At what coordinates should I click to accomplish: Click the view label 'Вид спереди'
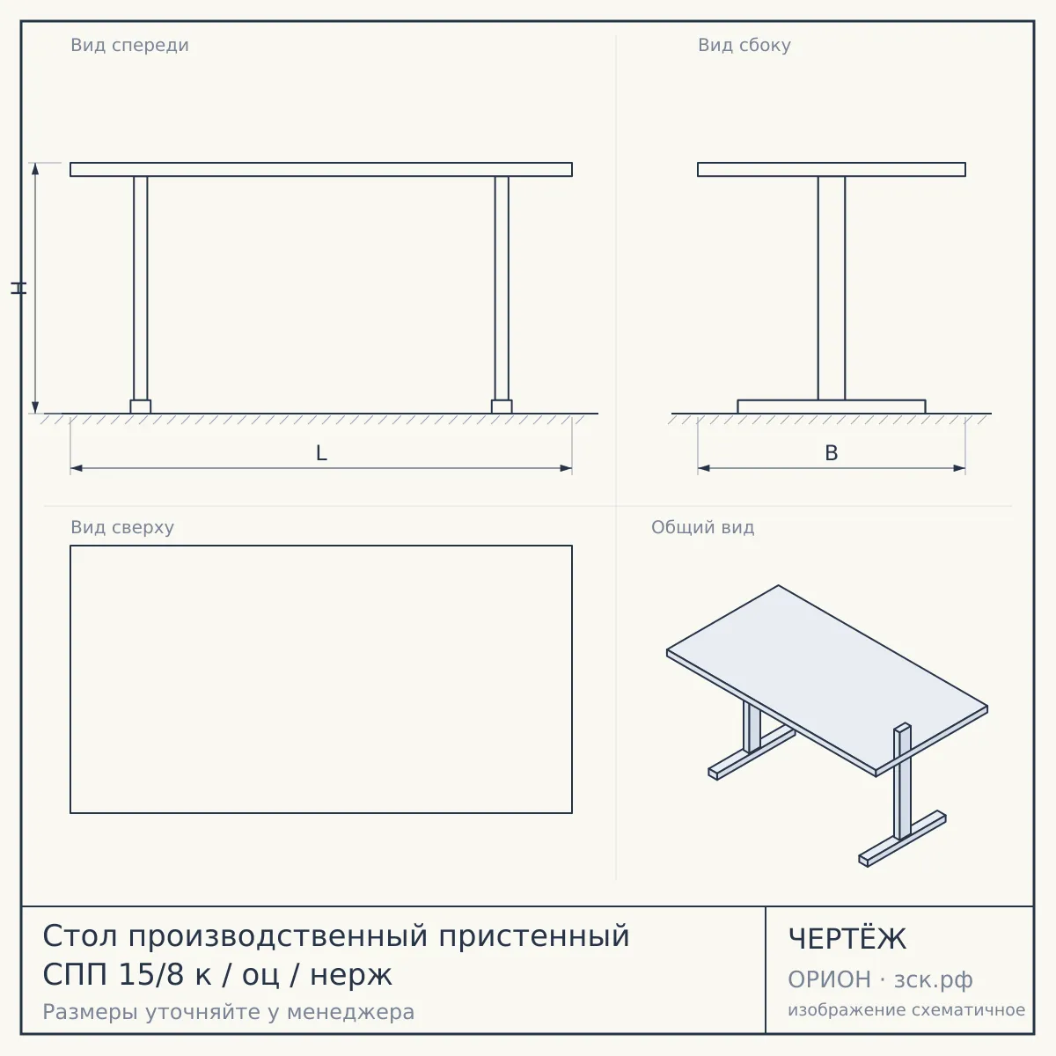point(130,45)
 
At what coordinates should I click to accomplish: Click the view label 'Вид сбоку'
point(744,45)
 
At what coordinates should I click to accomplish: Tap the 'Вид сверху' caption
point(122,527)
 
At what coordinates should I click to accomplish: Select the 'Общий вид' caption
point(702,527)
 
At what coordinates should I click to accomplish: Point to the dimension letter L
point(321,453)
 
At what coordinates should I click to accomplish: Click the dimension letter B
point(832,453)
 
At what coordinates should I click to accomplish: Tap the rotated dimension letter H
point(18,289)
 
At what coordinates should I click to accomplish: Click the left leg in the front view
point(140,289)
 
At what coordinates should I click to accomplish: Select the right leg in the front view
point(502,289)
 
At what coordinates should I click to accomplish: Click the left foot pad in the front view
point(140,407)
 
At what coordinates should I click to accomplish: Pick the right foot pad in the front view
point(502,407)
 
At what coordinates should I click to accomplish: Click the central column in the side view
point(832,289)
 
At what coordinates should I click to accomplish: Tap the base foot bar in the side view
point(832,407)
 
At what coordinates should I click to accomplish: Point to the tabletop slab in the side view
point(832,169)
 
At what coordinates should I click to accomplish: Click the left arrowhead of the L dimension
point(77,468)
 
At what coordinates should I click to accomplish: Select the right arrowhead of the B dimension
point(959,468)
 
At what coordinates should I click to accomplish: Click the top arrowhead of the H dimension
point(35,169)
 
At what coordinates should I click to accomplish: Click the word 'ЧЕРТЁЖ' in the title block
point(847,939)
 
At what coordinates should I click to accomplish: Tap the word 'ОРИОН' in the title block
point(829,979)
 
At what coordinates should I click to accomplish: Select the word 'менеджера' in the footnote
point(351,1012)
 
